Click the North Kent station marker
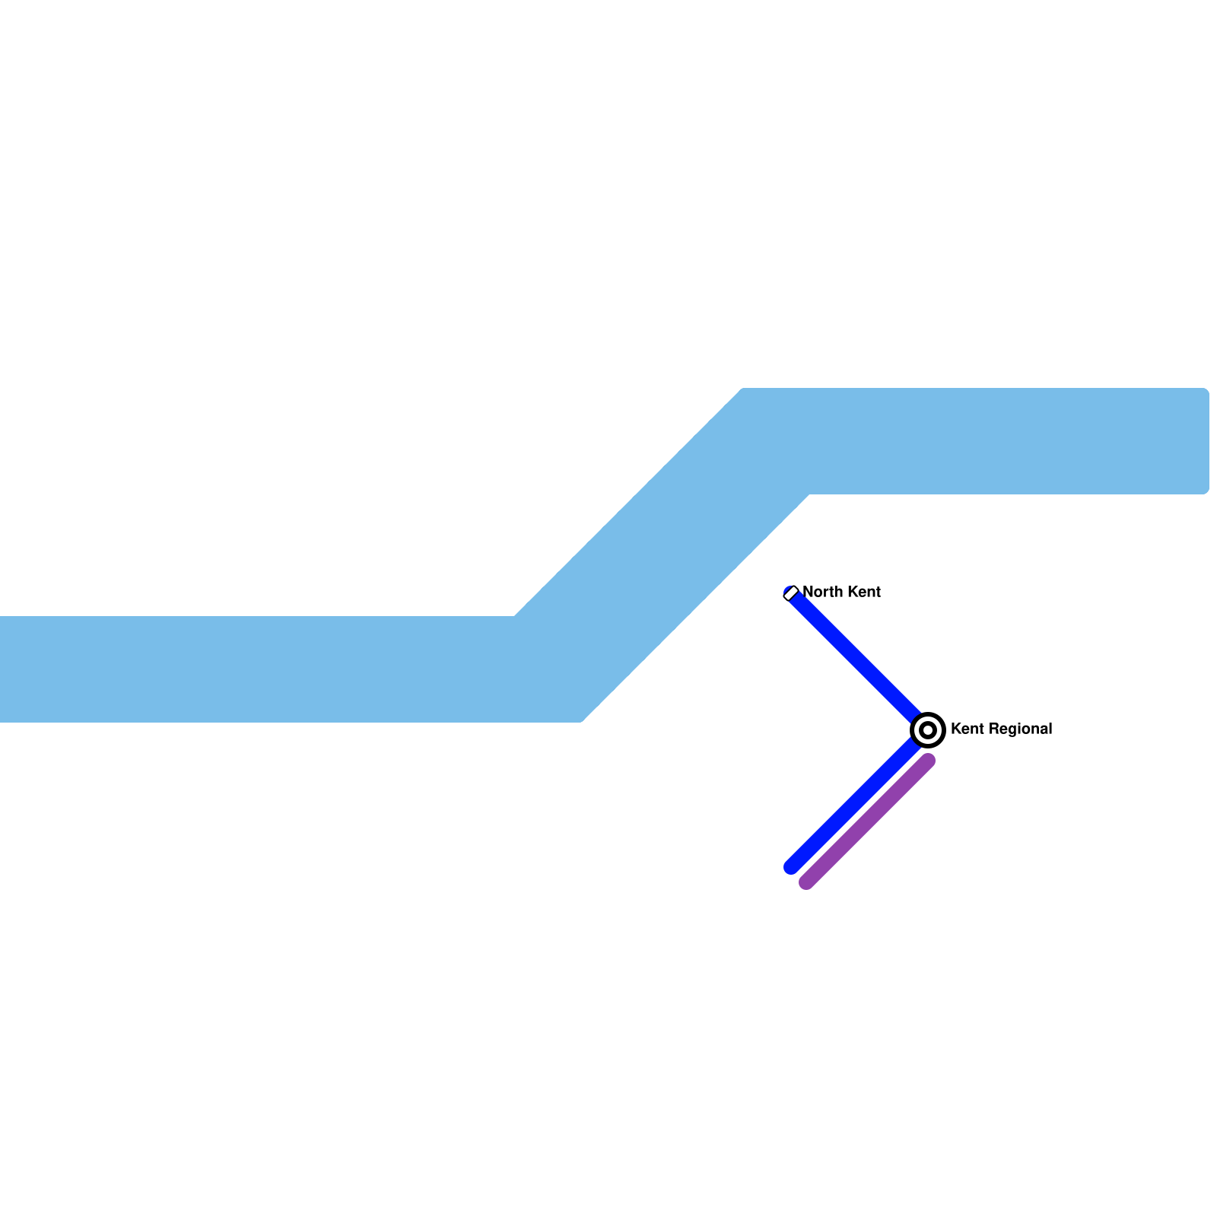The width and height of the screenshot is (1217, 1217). click(791, 593)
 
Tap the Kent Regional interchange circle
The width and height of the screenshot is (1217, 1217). click(928, 730)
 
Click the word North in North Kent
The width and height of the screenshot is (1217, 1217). click(821, 592)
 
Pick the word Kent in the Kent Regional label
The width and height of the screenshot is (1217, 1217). click(968, 729)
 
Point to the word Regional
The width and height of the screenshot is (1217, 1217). click(1021, 729)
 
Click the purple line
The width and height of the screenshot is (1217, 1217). click(867, 821)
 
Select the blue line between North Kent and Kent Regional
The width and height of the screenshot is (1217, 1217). click(856, 658)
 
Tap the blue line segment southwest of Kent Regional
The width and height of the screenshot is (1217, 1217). click(852, 806)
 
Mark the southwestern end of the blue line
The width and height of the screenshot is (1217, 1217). click(791, 867)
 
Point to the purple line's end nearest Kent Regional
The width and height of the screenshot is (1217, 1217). click(928, 761)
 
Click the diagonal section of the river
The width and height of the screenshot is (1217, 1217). click(662, 555)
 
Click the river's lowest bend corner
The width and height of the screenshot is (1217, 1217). click(581, 720)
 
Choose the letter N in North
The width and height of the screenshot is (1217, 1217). click(808, 592)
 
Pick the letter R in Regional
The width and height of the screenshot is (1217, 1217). click(995, 729)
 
